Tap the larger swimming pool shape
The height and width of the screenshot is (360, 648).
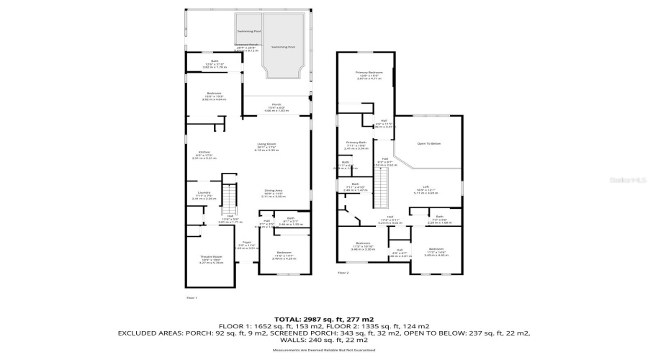pos(282,47)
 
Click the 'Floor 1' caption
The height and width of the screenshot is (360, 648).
pos(192,297)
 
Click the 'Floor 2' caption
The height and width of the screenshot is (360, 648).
pos(343,273)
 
